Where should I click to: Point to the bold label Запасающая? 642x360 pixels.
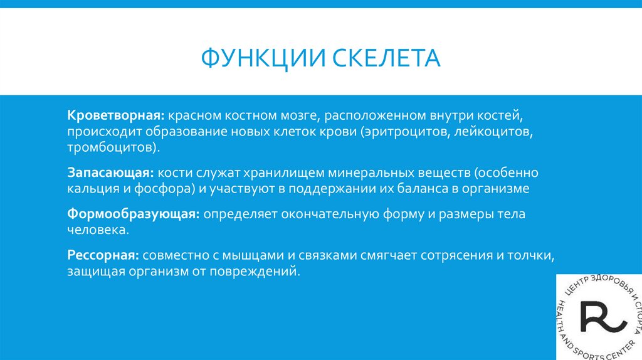(x=110, y=173)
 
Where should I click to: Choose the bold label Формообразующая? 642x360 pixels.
(x=133, y=214)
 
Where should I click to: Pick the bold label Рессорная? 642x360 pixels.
(x=103, y=256)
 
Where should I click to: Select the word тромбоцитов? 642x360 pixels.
(x=111, y=149)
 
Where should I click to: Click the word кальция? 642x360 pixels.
(x=90, y=189)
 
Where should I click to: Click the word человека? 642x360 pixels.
(x=98, y=231)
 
